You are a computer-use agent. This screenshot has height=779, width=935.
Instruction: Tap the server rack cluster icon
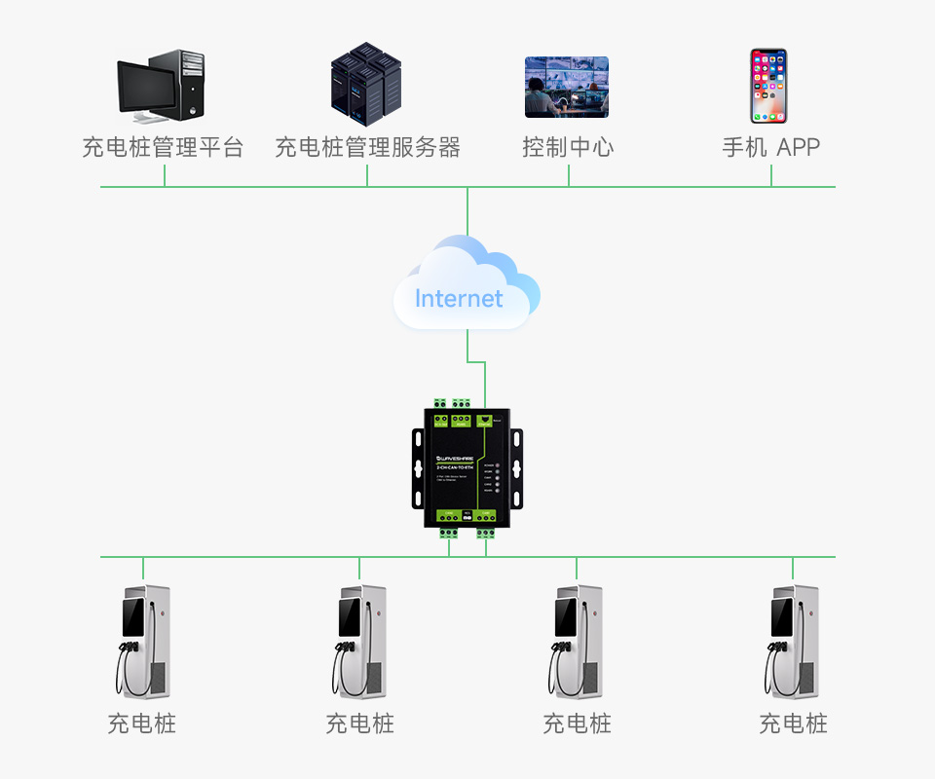365,84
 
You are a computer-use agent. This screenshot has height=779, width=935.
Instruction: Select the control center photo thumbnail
567,86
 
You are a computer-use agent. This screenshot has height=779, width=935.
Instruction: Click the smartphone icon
768,86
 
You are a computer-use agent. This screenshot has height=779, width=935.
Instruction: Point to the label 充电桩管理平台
163,148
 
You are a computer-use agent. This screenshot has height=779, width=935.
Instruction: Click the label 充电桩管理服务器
367,148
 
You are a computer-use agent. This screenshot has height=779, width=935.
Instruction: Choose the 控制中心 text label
568,148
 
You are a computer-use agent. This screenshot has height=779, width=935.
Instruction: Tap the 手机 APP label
770,148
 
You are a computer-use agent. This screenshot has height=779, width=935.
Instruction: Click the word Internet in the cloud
459,298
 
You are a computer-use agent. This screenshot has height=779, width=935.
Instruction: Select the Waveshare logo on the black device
455,458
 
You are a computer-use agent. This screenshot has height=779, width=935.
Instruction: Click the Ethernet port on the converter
484,420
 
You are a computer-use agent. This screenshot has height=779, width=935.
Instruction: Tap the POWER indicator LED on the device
497,464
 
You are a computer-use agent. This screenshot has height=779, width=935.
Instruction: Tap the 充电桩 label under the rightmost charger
793,723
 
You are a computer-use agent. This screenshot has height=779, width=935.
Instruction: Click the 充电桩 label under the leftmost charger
142,723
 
